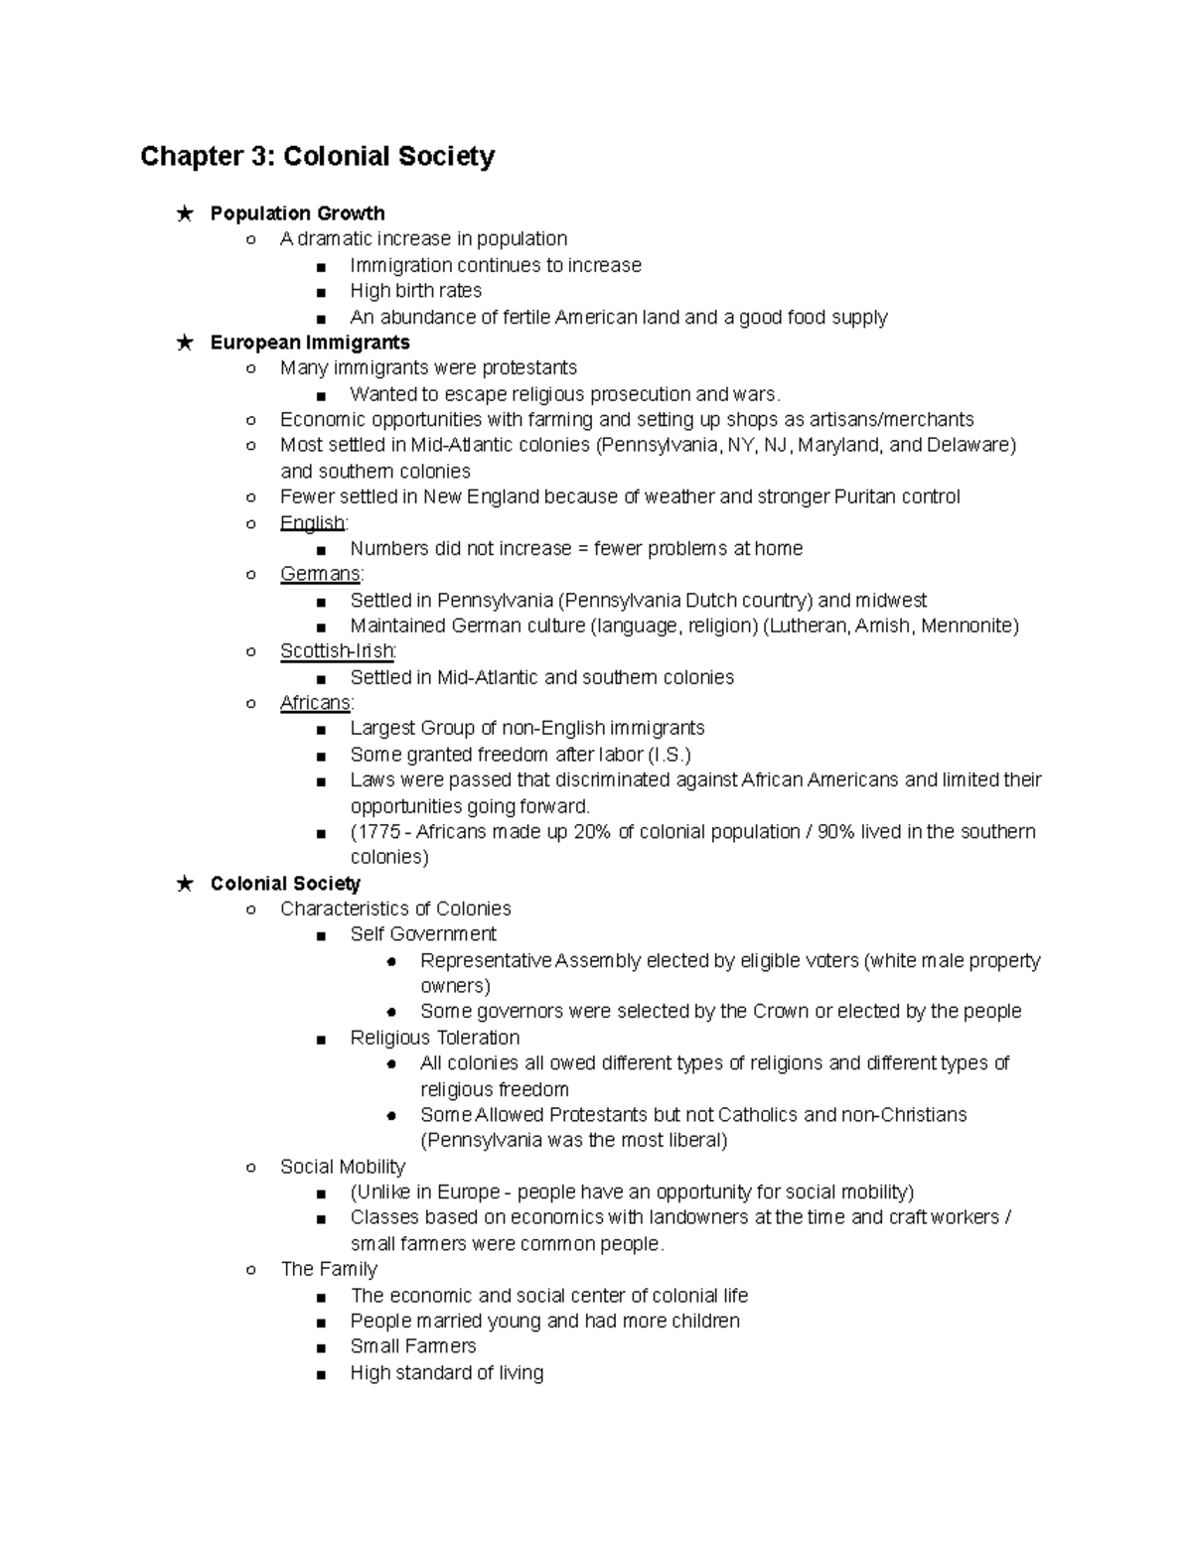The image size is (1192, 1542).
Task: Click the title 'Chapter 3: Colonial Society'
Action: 317,157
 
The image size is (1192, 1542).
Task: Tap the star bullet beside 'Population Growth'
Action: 184,213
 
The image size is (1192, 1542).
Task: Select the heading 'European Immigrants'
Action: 310,343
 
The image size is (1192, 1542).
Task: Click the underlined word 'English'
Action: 312,523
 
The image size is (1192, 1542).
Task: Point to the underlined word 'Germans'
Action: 320,574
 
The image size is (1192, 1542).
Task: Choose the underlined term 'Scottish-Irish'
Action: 337,651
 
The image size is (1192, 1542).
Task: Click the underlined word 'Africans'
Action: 315,703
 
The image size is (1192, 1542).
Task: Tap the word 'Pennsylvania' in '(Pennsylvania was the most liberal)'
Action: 486,1140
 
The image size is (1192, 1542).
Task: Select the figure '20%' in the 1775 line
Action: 592,832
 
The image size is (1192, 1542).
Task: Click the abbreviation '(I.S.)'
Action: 669,755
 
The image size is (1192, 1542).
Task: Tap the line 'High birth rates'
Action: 415,291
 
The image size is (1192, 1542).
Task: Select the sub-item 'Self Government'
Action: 423,934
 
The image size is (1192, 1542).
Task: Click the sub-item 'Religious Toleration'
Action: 435,1038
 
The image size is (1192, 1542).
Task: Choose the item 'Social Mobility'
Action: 343,1167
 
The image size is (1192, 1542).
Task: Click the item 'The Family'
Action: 329,1269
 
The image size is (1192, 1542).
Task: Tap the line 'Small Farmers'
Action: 413,1346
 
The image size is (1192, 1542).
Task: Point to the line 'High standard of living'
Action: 447,1373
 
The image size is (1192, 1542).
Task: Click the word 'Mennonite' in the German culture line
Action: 969,626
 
